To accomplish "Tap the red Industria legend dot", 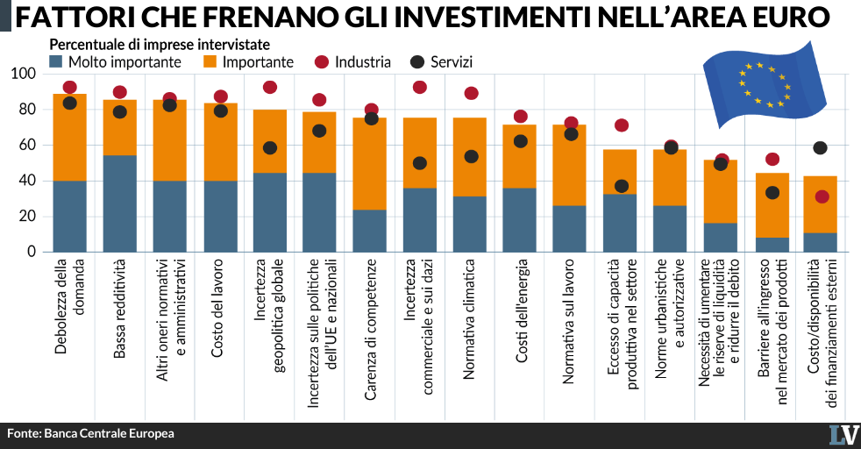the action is coord(322,62).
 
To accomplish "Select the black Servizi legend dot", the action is coord(417,62).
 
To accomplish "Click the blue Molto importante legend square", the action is coord(56,61).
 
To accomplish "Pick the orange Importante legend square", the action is coord(210,61).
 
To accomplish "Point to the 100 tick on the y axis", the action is coord(23,74).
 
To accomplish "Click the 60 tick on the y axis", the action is coord(27,145).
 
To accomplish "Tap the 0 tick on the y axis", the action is coord(32,252).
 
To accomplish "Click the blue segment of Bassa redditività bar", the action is coord(120,203).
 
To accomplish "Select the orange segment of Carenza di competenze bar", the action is coord(369,164).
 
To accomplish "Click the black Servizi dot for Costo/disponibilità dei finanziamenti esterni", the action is coord(820,147).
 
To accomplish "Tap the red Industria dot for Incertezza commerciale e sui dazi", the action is coord(419,87).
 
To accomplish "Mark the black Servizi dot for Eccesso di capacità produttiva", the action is coord(621,186).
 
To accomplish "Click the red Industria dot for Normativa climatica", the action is coord(471,93).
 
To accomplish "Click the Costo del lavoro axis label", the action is coord(217,308).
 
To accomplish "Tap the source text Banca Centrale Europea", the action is coord(110,433).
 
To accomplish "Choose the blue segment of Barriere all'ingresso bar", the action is coord(772,245).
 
